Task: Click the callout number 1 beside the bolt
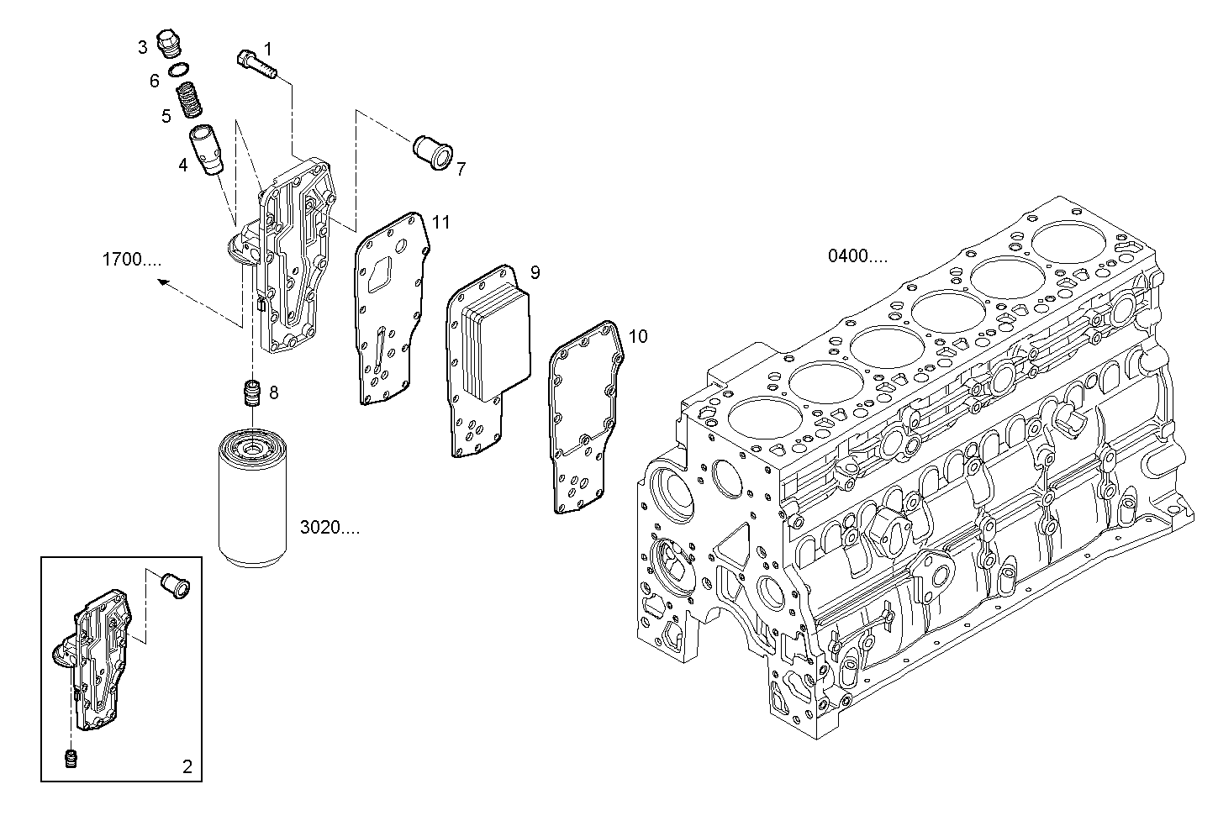coord(268,48)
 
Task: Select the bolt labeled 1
coord(257,65)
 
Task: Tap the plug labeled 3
coord(173,44)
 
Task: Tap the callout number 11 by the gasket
coord(440,222)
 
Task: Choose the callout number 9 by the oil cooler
coord(535,272)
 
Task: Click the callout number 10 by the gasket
coord(638,337)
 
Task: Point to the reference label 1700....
coord(132,260)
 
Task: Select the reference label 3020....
coord(330,528)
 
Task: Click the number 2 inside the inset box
coord(187,766)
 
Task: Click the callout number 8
coord(273,392)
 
